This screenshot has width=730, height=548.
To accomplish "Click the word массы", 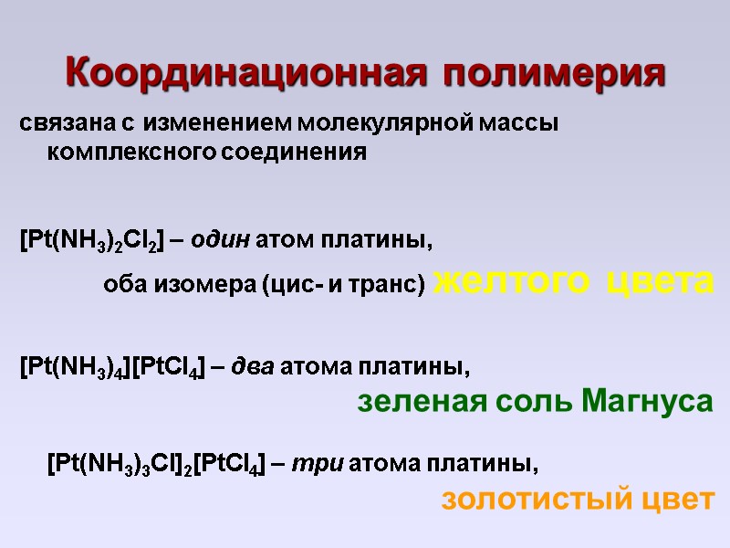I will coord(524,122).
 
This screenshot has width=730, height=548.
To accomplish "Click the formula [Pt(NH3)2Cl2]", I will coord(91,243).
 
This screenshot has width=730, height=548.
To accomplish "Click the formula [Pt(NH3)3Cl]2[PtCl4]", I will coord(156,464).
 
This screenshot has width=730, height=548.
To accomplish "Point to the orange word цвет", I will coord(678,500).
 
